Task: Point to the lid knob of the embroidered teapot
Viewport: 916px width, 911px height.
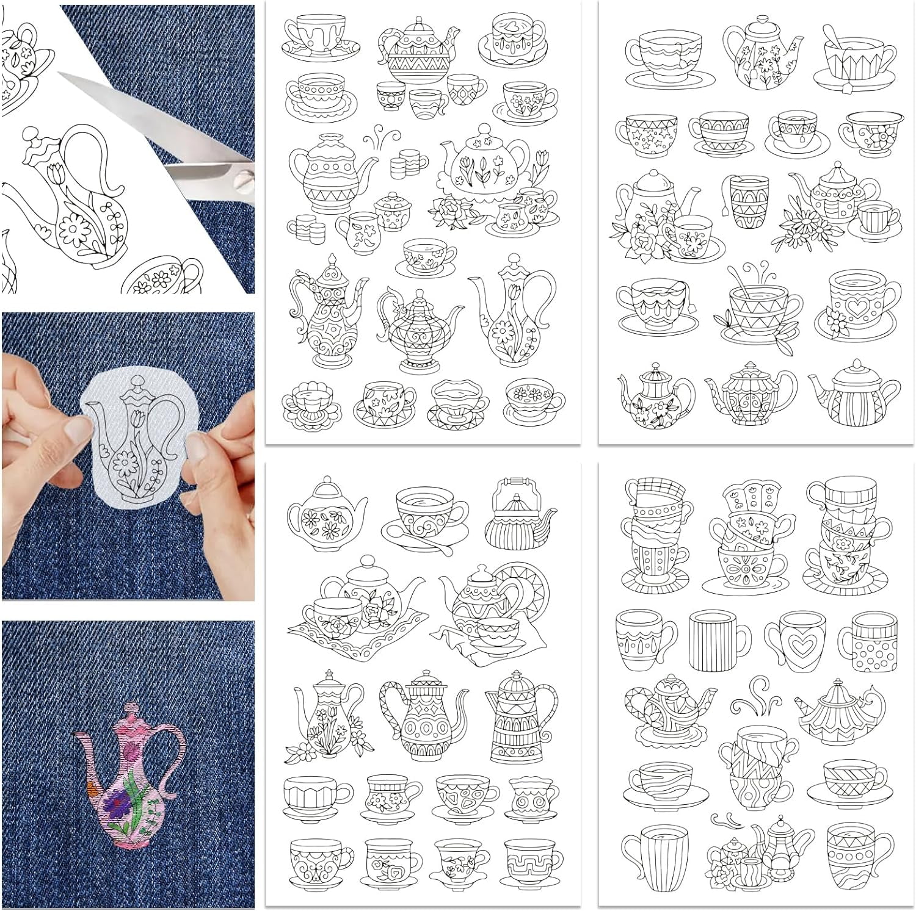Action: coord(129,708)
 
